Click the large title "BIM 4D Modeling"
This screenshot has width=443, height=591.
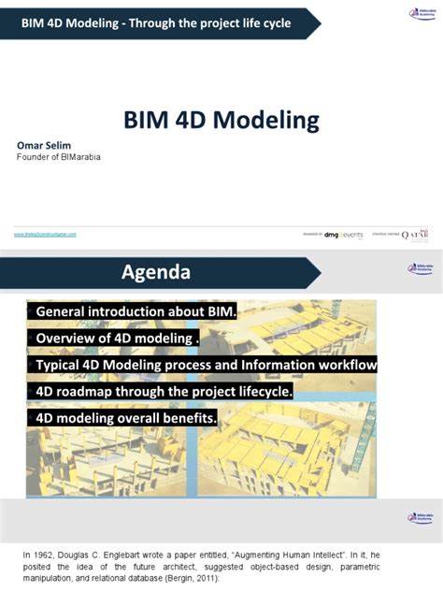tap(221, 120)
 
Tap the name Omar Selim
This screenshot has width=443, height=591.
tap(42, 145)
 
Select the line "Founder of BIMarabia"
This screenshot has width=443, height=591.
tap(58, 157)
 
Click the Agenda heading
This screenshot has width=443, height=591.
tap(155, 272)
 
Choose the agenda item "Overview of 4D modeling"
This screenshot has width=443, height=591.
tap(117, 338)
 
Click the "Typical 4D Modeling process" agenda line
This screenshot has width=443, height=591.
tap(206, 365)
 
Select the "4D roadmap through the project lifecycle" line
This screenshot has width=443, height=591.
tap(164, 391)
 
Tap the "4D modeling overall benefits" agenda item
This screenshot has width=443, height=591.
tap(127, 418)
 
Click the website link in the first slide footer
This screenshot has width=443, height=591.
tap(45, 234)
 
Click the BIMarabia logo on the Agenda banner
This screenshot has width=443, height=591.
tap(420, 268)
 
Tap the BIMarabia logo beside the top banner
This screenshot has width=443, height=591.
tap(422, 13)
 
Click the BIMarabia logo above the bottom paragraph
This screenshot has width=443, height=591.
tap(420, 517)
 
